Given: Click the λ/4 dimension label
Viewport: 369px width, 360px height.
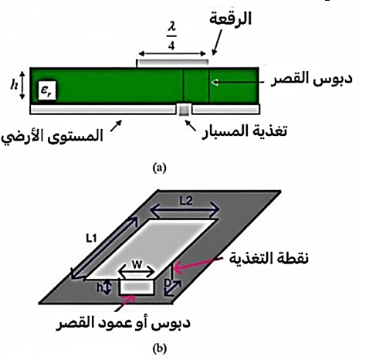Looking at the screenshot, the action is click(171, 38).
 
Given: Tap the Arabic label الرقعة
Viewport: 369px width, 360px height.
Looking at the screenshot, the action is click(230, 19).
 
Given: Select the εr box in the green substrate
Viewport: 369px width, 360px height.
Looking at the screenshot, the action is click(47, 90).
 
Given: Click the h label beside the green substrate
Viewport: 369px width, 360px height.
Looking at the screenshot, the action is click(14, 84).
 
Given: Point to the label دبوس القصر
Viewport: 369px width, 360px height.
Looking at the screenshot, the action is click(311, 79).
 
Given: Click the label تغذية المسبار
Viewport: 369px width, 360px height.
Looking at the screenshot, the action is click(245, 131).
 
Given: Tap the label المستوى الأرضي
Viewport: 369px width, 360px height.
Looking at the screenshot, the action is click(52, 138).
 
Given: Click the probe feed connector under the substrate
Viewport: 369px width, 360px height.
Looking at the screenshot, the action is click(184, 110).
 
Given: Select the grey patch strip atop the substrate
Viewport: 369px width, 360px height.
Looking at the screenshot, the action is click(172, 63).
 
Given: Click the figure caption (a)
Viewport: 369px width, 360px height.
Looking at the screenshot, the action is click(160, 168).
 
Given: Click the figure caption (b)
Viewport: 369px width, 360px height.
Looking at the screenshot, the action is click(160, 349).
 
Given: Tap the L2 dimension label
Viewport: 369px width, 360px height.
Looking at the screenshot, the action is click(186, 201).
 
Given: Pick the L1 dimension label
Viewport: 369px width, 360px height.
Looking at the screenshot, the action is click(91, 239).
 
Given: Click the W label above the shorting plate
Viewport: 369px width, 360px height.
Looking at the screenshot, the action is click(137, 265).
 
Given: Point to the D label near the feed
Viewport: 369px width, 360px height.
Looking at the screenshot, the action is click(168, 283).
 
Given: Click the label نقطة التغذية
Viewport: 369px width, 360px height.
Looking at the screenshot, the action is click(269, 258).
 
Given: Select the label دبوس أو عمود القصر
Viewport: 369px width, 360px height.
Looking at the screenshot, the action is click(123, 323).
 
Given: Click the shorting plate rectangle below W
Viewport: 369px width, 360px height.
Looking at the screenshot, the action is click(137, 287).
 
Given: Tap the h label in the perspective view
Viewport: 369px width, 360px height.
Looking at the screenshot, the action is click(100, 287).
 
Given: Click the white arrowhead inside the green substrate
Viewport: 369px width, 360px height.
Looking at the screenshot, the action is click(215, 83).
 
